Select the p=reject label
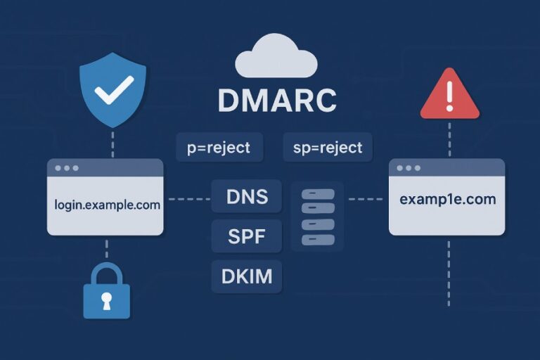219,148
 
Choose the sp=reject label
327,148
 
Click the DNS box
246,196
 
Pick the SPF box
246,237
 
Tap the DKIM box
246,276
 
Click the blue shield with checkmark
112,91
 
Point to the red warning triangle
449,96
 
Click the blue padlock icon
107,295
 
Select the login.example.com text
107,205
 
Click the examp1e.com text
447,200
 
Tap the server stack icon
316,216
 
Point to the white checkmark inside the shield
113,90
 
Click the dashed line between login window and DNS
187,199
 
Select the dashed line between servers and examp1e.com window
366,199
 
